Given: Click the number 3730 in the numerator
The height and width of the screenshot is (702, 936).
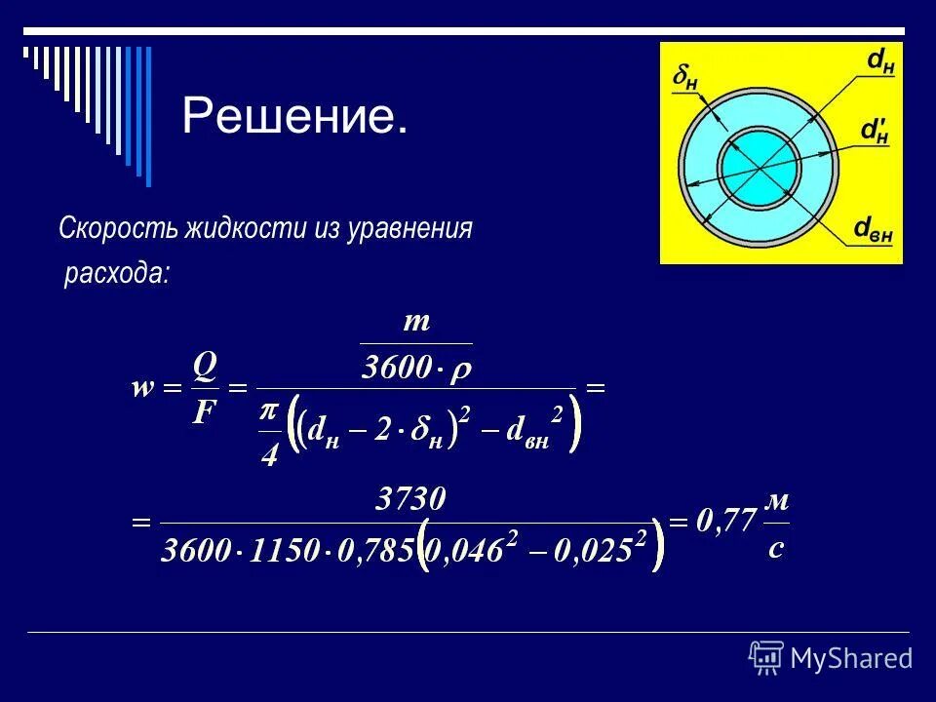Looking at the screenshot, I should [x=411, y=501].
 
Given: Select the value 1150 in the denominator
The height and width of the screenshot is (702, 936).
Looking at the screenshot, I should [x=285, y=551].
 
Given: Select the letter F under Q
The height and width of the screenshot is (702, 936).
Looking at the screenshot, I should [x=204, y=413].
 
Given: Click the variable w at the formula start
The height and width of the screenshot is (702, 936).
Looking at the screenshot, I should [x=143, y=389].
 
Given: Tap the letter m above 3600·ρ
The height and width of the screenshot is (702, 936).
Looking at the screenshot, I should [x=417, y=321].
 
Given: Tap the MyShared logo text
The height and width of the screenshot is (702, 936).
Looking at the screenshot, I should [x=850, y=658].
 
